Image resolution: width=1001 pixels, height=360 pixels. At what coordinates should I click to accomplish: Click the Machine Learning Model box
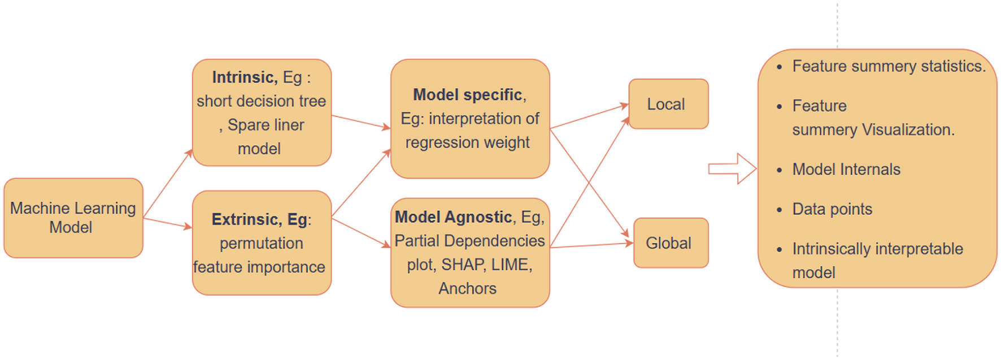pos(73,218)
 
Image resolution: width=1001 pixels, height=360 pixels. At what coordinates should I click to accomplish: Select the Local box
pos(668,104)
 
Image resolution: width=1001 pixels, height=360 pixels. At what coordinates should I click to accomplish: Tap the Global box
pos(670,243)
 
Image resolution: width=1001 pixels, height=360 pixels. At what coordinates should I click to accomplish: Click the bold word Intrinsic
pos(244,77)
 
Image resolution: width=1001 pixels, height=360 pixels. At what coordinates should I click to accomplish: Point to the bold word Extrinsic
pos(246,219)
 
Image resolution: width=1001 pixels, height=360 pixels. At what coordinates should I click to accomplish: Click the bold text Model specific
pos(468,95)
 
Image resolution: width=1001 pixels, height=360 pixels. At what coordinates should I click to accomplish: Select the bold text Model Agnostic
pos(453,217)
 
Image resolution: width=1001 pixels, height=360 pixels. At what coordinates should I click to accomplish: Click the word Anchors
pos(468,289)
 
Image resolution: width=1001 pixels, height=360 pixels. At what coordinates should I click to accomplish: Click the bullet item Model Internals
pos(846,170)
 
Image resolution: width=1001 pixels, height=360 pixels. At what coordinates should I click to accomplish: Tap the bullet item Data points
pos(832,209)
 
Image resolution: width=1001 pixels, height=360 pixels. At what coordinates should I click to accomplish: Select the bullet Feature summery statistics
pos(888,67)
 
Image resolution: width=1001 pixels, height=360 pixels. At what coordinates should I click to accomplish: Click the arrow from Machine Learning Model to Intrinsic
pos(168,184)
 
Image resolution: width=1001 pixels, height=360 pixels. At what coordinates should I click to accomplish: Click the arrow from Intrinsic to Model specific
pos(360,122)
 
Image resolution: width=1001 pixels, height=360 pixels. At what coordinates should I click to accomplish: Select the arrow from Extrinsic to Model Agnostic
pos(360,232)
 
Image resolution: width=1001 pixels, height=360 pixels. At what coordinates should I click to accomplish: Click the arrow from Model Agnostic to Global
pos(591,245)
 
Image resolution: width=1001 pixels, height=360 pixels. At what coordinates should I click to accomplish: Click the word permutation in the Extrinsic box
pos(261,244)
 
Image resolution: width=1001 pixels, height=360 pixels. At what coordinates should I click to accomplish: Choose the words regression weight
pos(467,142)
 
